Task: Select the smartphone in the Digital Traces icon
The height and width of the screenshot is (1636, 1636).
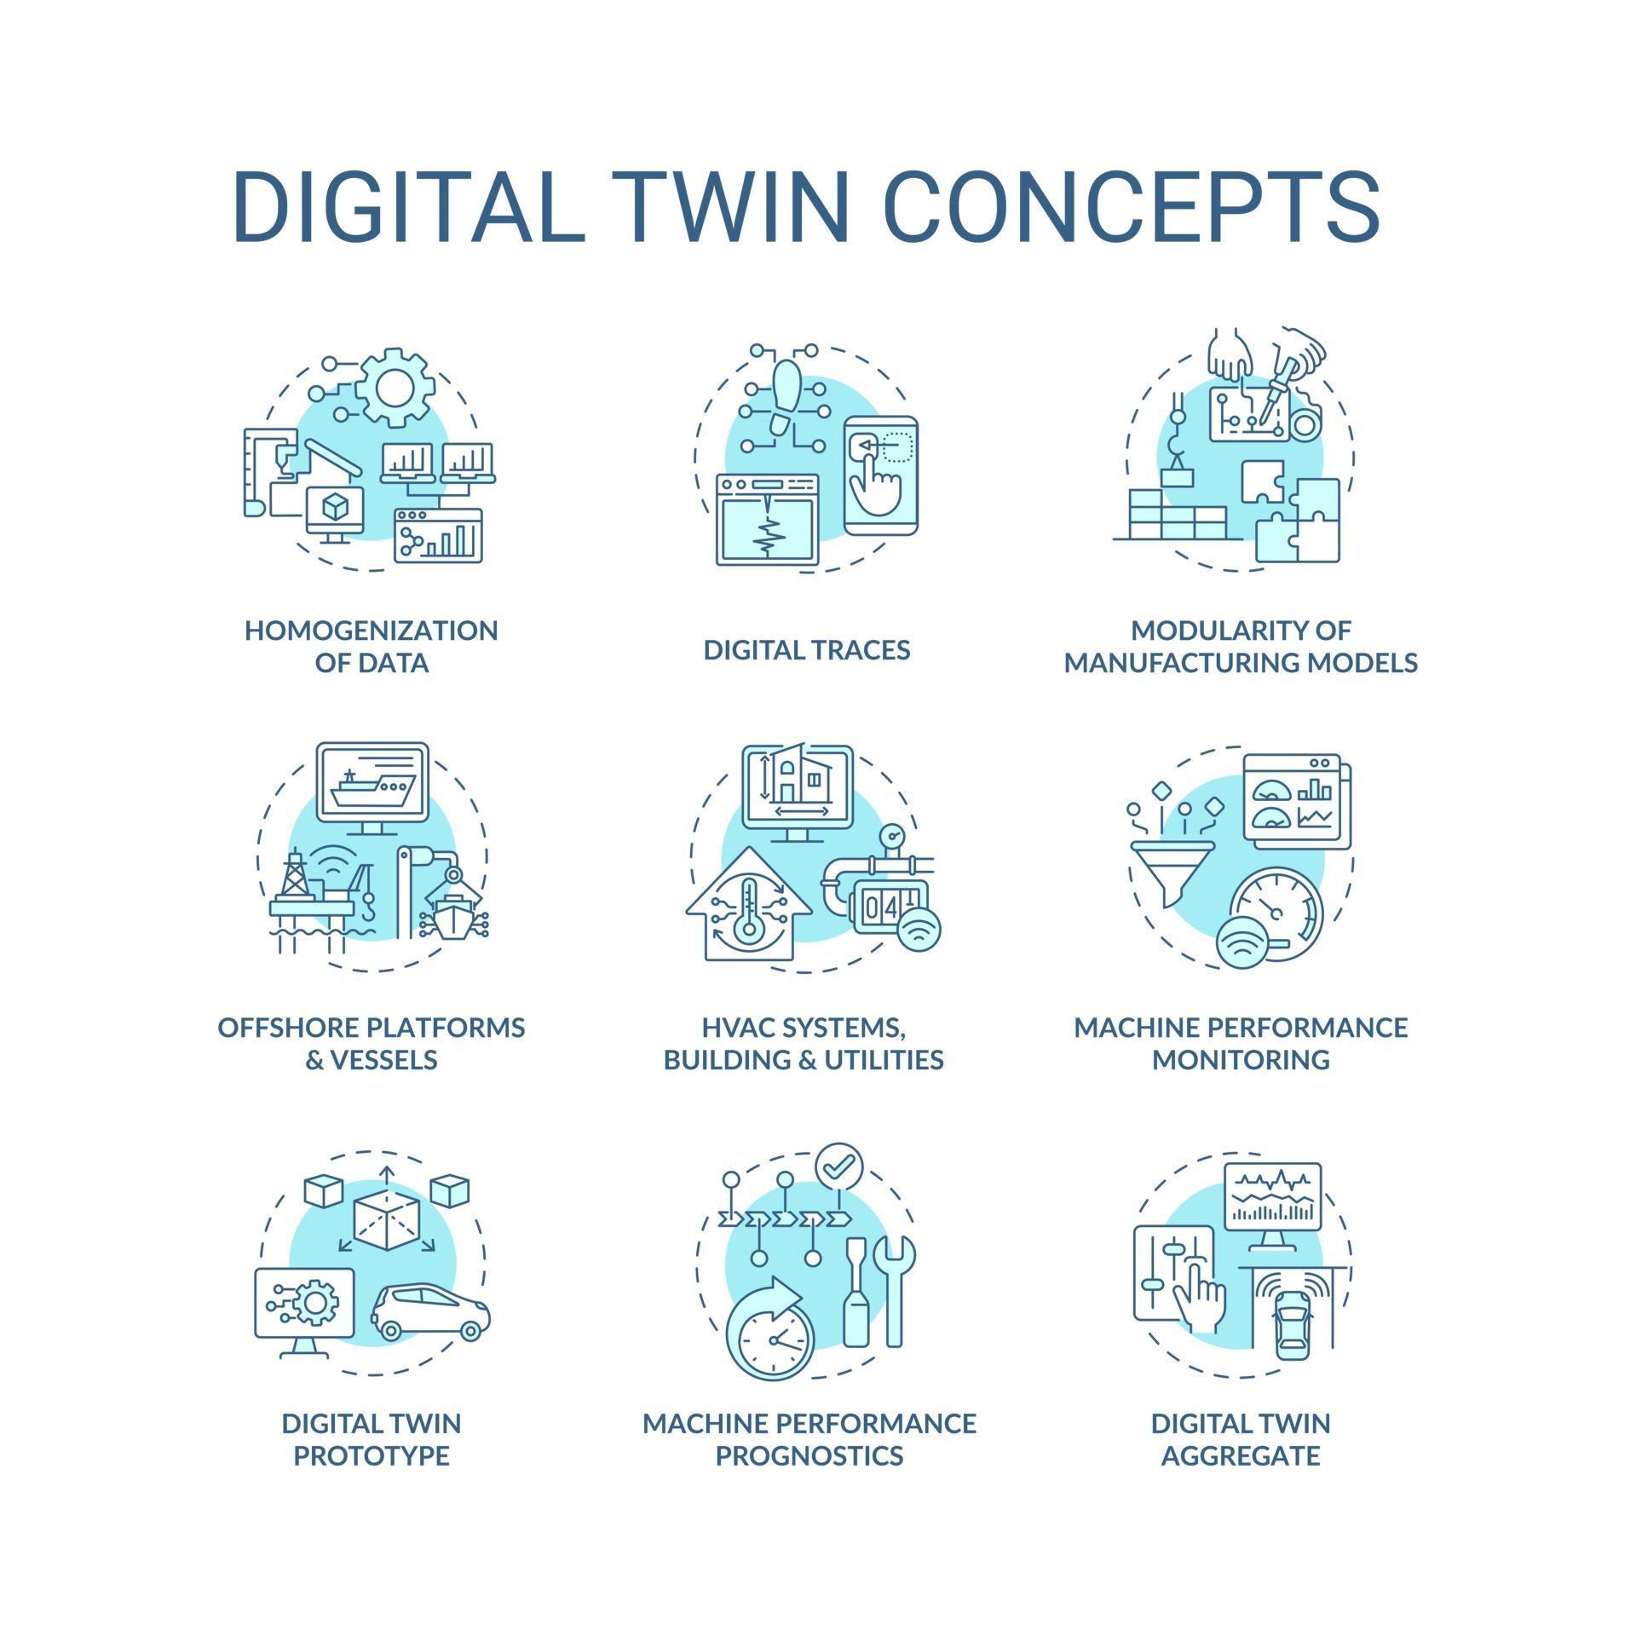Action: tap(880, 475)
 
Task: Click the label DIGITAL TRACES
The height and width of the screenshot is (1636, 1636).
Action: tap(806, 650)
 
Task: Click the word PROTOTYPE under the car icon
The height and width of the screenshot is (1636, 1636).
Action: tap(372, 1455)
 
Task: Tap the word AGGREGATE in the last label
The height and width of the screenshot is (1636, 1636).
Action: tap(1241, 1455)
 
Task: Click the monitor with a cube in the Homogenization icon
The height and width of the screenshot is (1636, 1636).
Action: tap(334, 510)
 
